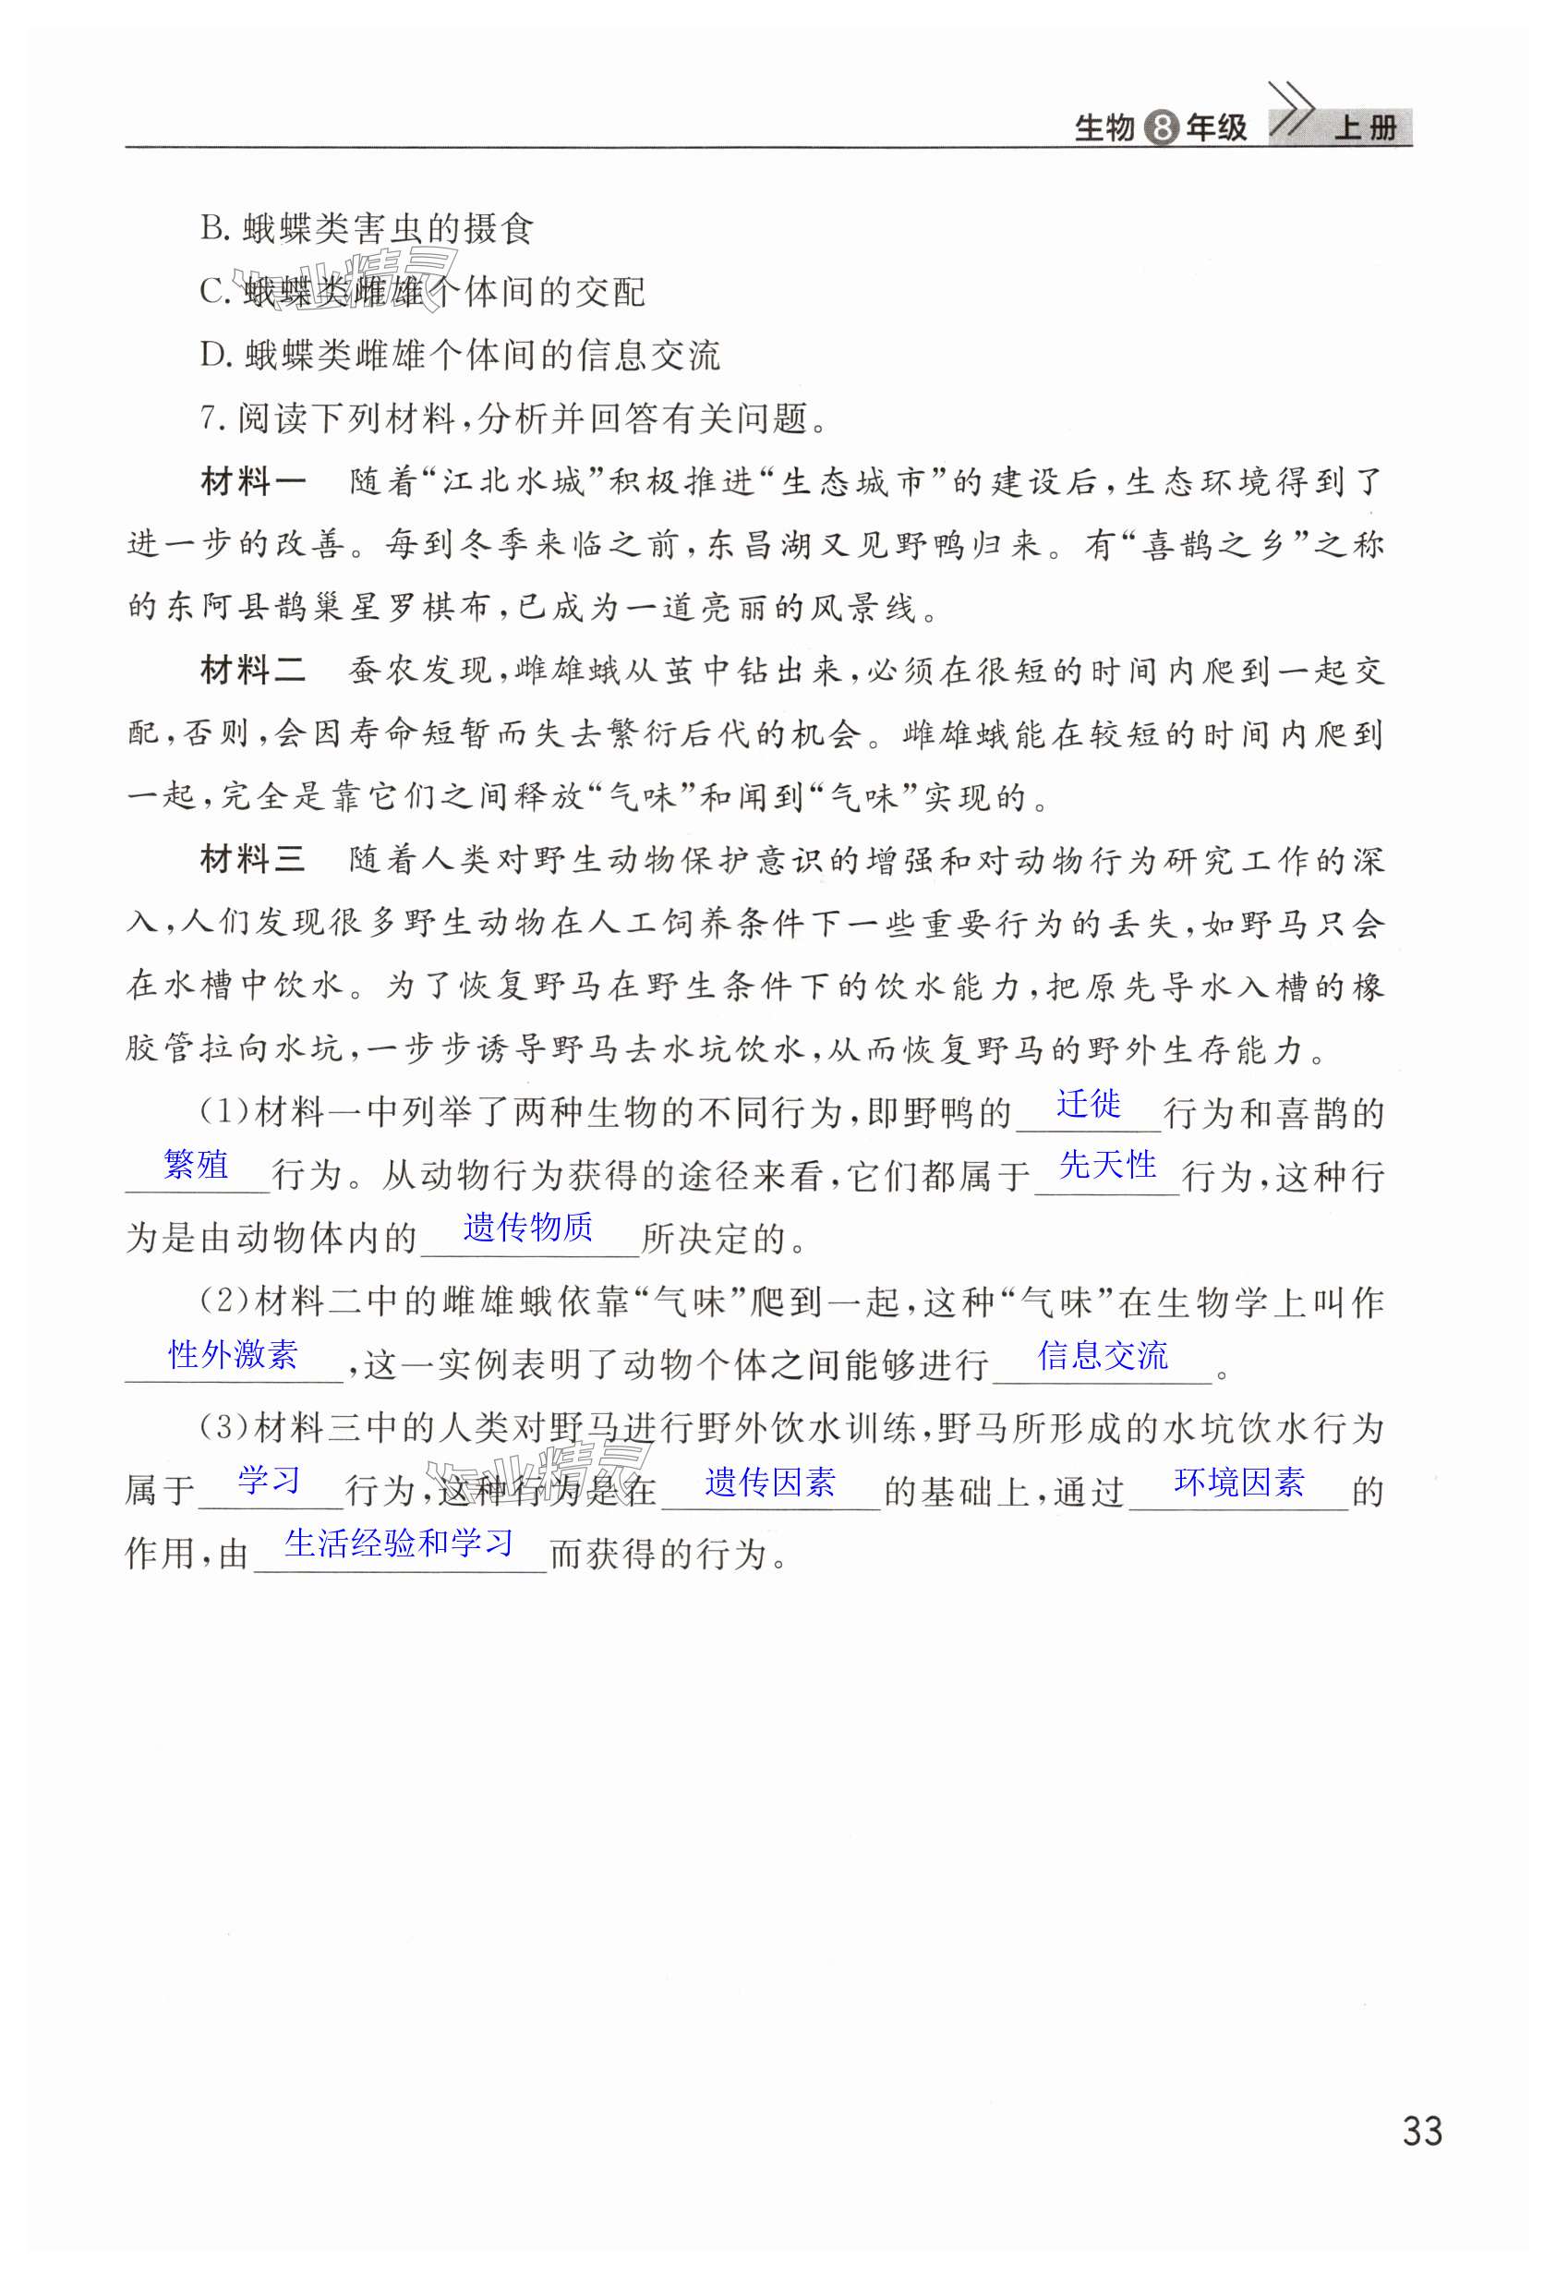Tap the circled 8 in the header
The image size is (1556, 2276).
coord(1161,128)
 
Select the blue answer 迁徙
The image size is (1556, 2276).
coord(1088,1104)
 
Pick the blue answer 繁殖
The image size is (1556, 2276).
coord(196,1165)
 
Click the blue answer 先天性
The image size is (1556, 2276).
coord(1107,1165)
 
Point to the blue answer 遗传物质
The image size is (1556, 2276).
coord(528,1227)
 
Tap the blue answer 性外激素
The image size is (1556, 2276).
coord(233,1354)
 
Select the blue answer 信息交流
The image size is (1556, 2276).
coord(1103,1355)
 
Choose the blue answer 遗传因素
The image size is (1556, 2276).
coord(769,1483)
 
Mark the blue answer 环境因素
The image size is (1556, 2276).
coord(1238,1483)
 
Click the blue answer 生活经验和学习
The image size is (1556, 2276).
coord(399,1544)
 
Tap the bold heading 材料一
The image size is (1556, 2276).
coord(253,482)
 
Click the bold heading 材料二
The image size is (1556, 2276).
coord(253,671)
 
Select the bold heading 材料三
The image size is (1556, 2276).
coord(253,860)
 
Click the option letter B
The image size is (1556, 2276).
coord(212,229)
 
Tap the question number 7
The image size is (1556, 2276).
coord(210,418)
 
